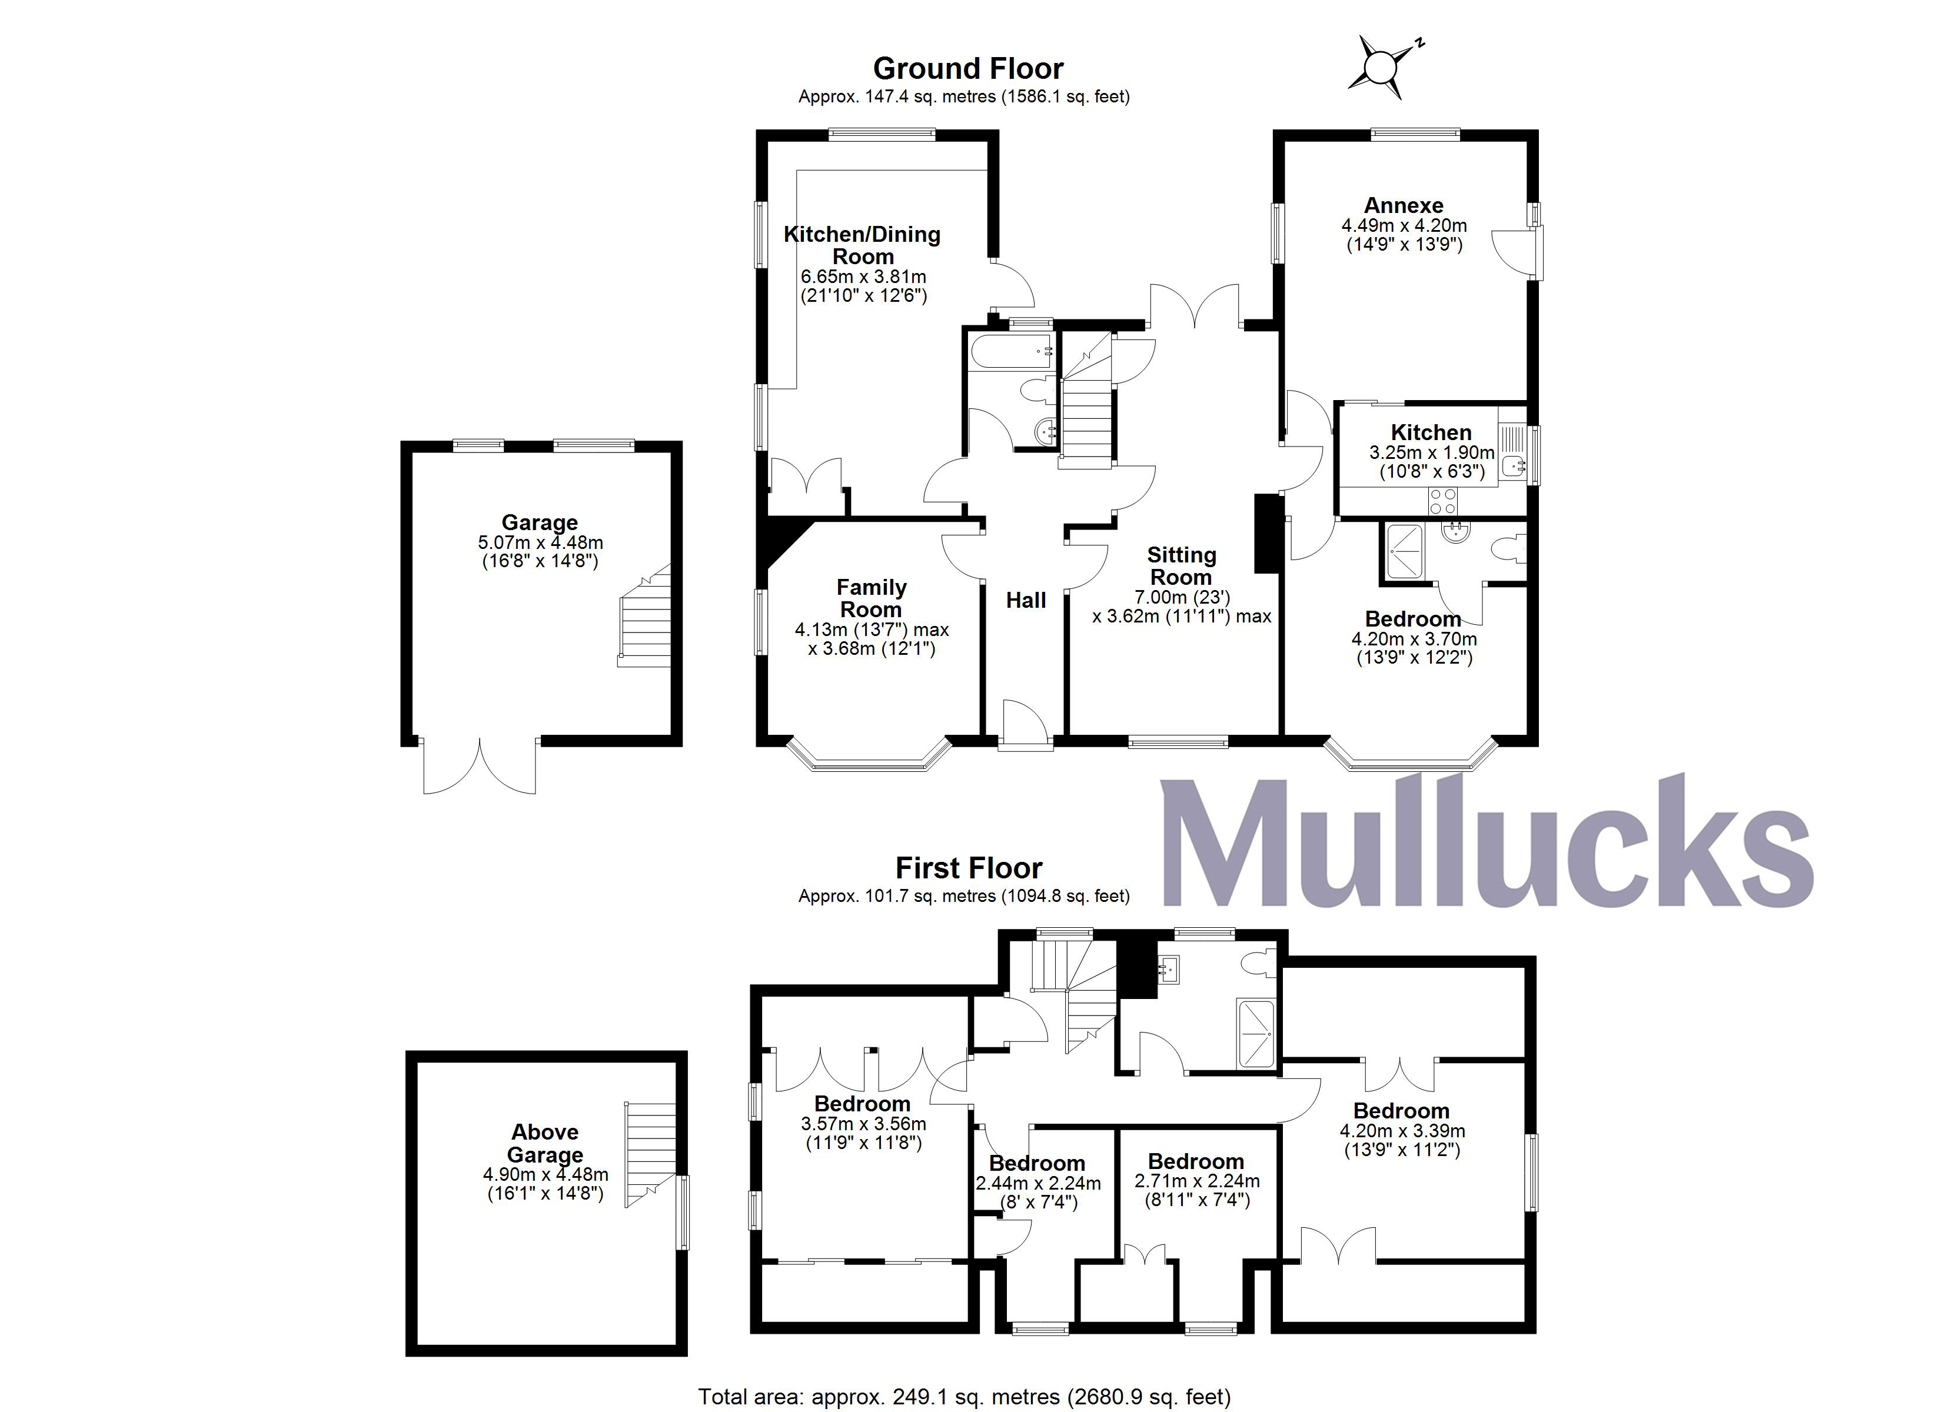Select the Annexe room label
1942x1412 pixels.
click(x=1404, y=205)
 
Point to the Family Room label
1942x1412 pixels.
click(x=871, y=598)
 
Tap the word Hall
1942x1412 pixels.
click(x=1026, y=600)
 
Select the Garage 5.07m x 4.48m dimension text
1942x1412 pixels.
click(x=540, y=543)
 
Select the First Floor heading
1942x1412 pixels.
click(x=969, y=868)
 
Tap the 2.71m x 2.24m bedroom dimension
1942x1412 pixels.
click(x=1197, y=1181)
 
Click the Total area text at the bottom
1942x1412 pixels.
click(x=964, y=1397)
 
